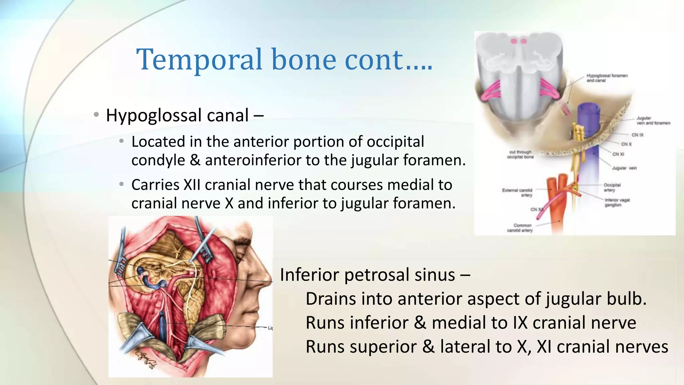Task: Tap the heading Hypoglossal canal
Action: coord(177,115)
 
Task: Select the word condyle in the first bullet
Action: coord(158,160)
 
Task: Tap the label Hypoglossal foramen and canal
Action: coord(607,78)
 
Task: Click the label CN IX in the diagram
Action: coord(637,135)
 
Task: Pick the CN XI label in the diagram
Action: coord(618,154)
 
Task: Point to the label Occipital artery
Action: coord(612,187)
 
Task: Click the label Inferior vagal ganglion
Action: coord(617,202)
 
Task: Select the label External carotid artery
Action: coord(517,192)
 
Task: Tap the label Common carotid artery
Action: coord(520,228)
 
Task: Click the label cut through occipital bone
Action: coord(520,154)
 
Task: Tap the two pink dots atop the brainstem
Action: coord(519,41)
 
